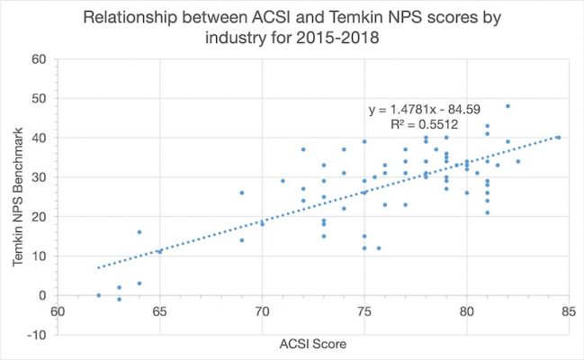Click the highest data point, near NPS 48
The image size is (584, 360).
point(508,106)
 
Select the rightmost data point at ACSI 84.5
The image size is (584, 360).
point(558,138)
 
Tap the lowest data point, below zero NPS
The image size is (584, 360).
point(119,300)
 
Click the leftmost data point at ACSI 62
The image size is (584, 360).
point(98,295)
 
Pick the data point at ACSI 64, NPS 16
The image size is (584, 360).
point(139,232)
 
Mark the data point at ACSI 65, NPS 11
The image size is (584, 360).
point(160,252)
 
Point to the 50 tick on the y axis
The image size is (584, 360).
point(40,98)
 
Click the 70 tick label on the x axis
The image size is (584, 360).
point(262,313)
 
